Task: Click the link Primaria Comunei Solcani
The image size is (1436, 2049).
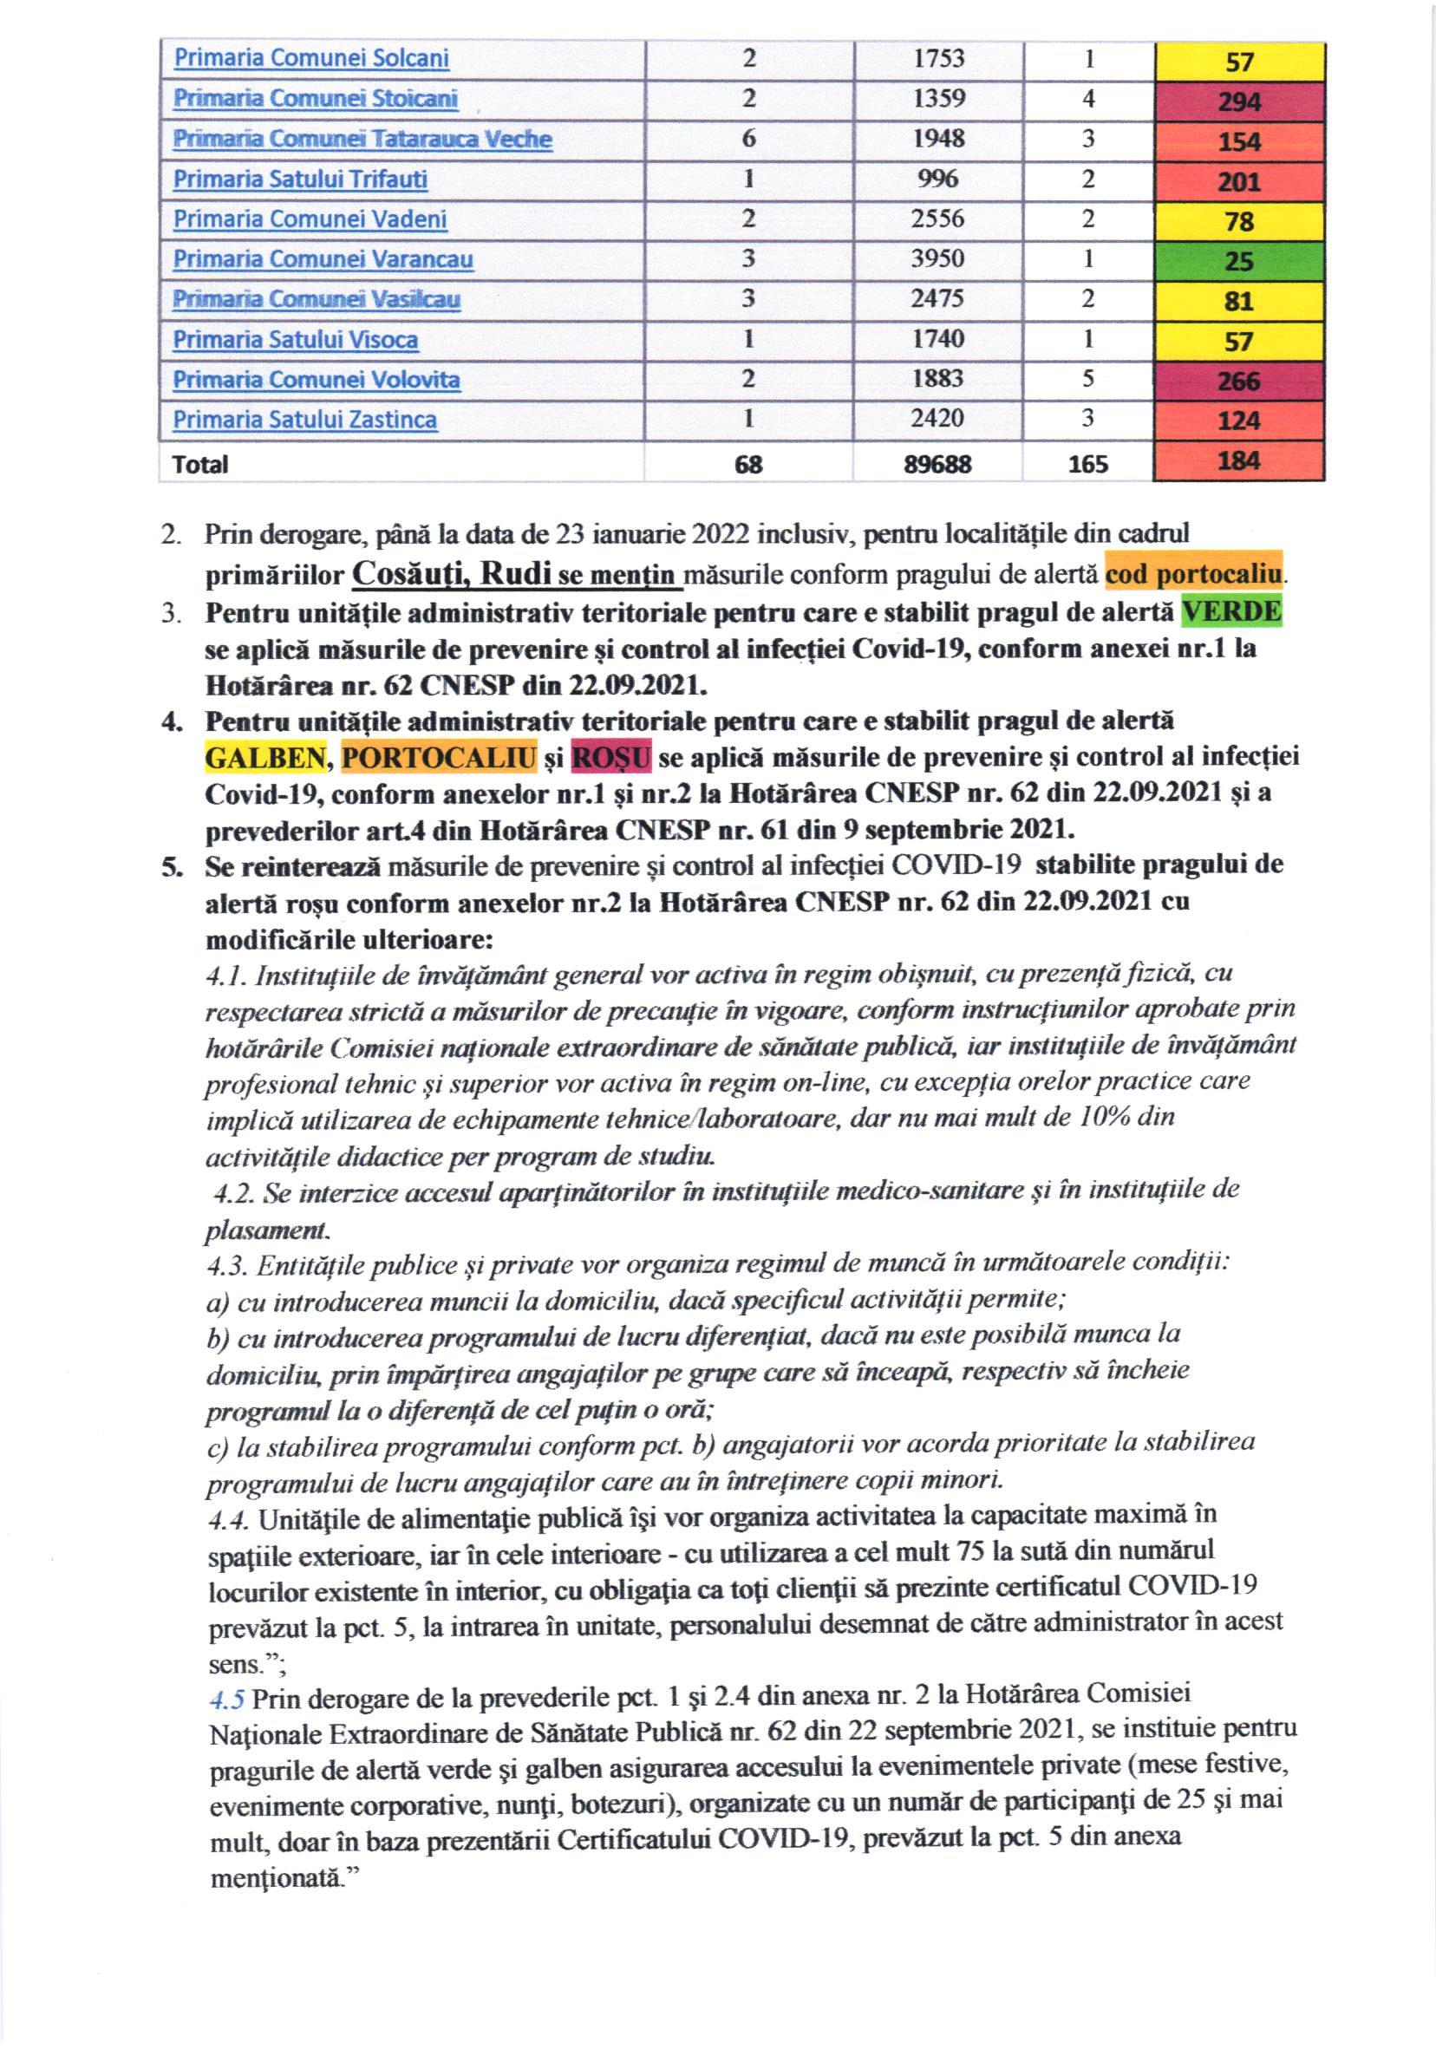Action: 310,59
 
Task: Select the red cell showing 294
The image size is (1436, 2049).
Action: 1238,101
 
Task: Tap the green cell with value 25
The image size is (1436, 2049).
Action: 1238,262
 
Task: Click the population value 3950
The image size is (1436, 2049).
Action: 937,258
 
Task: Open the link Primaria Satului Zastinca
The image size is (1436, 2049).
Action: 304,420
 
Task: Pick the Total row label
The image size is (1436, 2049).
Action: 200,464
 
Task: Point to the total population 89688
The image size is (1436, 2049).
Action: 937,464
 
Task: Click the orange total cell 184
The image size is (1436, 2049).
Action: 1238,461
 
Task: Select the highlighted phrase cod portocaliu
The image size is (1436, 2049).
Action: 1192,574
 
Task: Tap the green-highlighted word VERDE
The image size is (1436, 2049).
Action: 1230,611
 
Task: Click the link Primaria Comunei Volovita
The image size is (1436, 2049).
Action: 316,380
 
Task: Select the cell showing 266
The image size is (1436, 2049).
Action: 1238,381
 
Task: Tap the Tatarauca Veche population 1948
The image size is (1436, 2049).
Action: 937,139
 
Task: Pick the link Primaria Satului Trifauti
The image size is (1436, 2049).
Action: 300,179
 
